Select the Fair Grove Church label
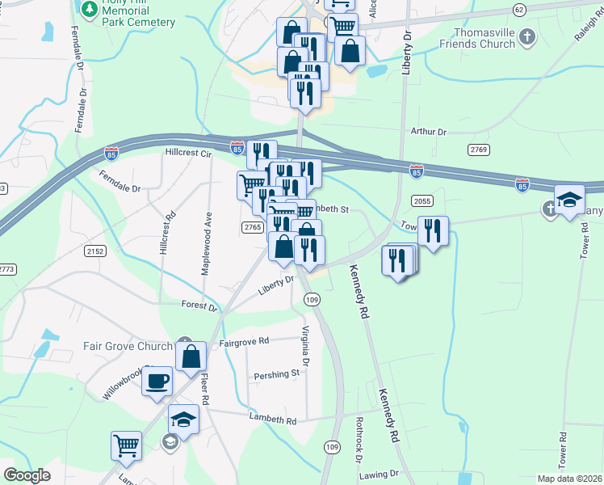[x=128, y=346]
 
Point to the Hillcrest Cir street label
[x=188, y=152]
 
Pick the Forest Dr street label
[x=199, y=307]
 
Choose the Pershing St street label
[x=277, y=374]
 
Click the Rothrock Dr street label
[x=359, y=439]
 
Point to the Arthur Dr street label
[x=428, y=131]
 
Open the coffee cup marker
[x=157, y=380]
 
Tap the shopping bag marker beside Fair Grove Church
[x=190, y=356]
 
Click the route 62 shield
[x=518, y=9]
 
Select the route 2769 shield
[x=479, y=150]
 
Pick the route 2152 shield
[x=94, y=251]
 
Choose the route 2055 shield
[x=422, y=201]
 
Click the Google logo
[x=27, y=475]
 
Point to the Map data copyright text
[x=569, y=479]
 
